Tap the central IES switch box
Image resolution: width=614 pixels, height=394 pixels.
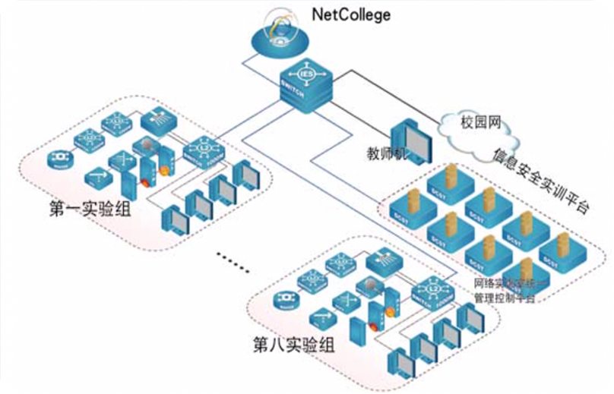[307, 85]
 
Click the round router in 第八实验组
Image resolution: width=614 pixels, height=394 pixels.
[286, 298]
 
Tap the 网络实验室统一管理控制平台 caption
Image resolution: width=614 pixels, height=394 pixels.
[505, 292]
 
